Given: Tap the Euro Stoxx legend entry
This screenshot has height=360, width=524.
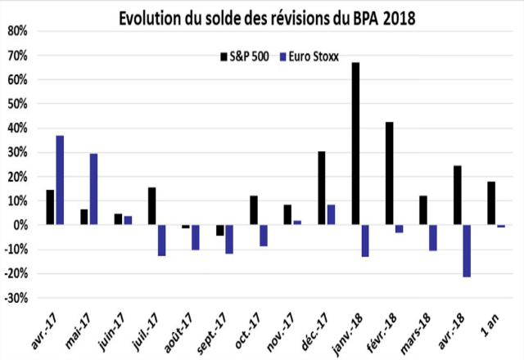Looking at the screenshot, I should pos(309,56).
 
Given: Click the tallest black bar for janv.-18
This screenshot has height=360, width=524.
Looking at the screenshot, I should pos(355,143).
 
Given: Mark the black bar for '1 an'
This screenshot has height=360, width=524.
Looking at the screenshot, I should pos(491,203).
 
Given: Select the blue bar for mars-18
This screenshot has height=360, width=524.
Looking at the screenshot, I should pos(433,237).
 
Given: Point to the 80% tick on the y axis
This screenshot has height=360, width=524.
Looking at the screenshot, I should pos(18,31).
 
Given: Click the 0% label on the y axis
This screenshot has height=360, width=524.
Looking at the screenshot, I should pos(21,225).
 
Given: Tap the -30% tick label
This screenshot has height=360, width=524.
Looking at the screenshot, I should pos(17,298).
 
